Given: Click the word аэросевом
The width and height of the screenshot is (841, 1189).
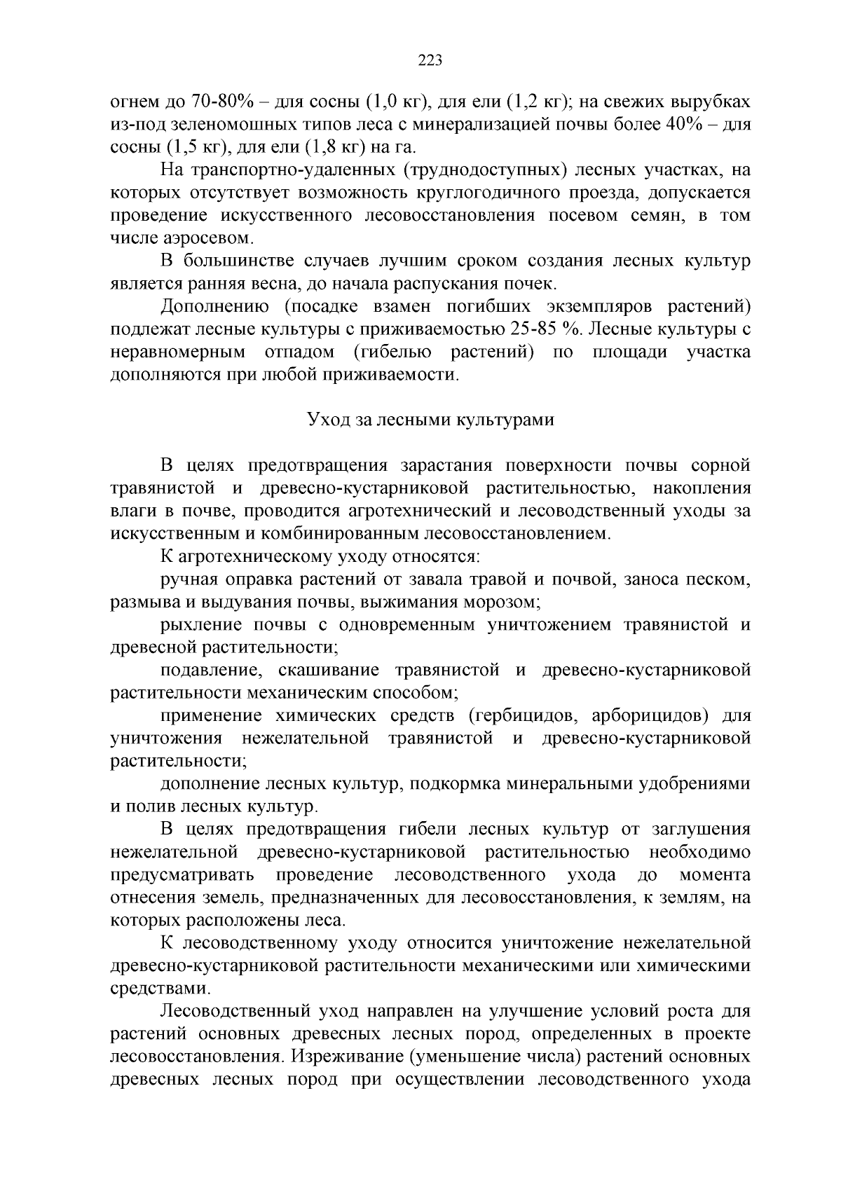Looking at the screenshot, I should [x=200, y=238].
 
